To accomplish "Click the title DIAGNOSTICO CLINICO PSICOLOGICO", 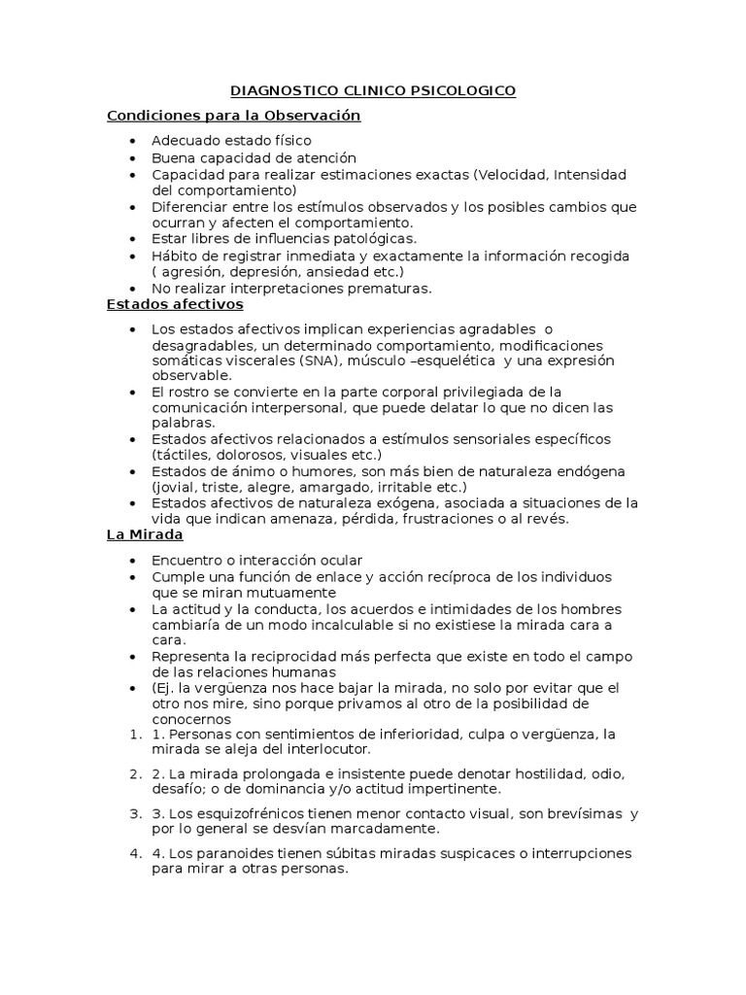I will (373, 91).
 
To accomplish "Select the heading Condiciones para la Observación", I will (233, 116).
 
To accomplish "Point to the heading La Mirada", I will (145, 534).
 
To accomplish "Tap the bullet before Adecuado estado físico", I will (132, 142).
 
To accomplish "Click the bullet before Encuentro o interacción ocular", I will (132, 561).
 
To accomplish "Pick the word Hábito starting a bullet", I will (175, 256).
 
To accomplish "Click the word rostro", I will (186, 392).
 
